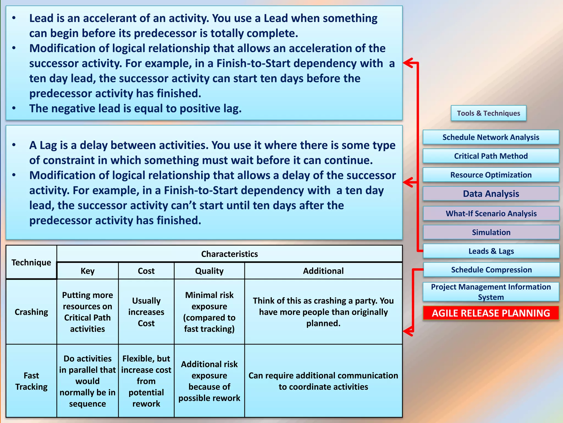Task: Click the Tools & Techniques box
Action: click(488, 113)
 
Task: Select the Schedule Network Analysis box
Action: click(491, 137)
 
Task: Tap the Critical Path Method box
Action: click(491, 156)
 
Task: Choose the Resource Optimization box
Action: click(491, 175)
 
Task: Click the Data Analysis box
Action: click(491, 194)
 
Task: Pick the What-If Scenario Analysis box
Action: click(491, 213)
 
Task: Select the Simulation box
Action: click(491, 232)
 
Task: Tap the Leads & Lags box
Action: click(491, 251)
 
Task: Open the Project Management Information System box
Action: click(491, 292)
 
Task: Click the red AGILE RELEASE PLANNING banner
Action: click(491, 313)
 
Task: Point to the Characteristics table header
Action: click(229, 254)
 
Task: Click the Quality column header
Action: click(209, 271)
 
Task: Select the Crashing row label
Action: click(31, 312)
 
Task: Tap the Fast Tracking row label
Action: click(31, 381)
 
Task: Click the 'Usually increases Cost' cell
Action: click(146, 312)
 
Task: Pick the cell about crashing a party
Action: click(323, 312)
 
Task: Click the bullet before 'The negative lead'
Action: click(14, 108)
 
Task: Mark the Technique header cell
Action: click(31, 262)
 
